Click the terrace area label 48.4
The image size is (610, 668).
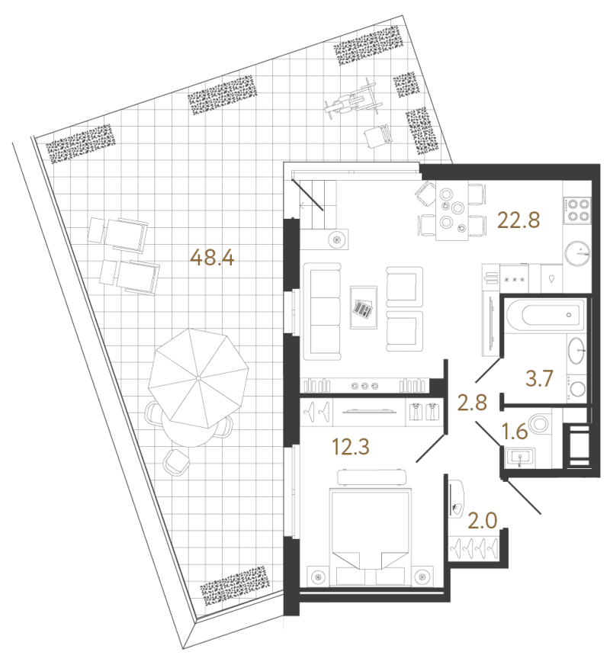(212, 258)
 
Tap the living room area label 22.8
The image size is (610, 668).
(518, 220)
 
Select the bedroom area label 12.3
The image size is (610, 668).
(350, 447)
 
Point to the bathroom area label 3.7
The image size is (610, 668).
(539, 378)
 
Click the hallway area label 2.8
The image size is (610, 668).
(472, 403)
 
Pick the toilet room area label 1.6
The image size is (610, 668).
(515, 432)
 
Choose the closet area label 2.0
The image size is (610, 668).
(483, 521)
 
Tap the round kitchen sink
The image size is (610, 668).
(578, 253)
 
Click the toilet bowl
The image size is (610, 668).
(539, 423)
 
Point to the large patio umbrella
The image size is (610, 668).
(198, 378)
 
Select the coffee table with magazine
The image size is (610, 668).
(364, 307)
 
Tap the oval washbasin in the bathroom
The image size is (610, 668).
(576, 350)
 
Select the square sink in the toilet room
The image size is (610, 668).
(520, 457)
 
